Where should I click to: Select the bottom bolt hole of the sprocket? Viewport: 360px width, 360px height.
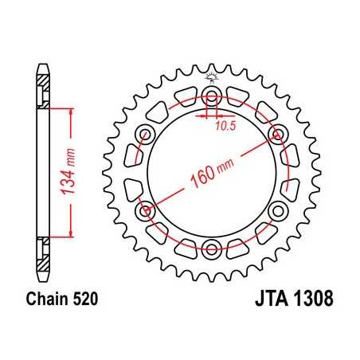click(213, 245)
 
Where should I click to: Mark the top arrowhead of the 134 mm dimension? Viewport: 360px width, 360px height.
click(72, 112)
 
